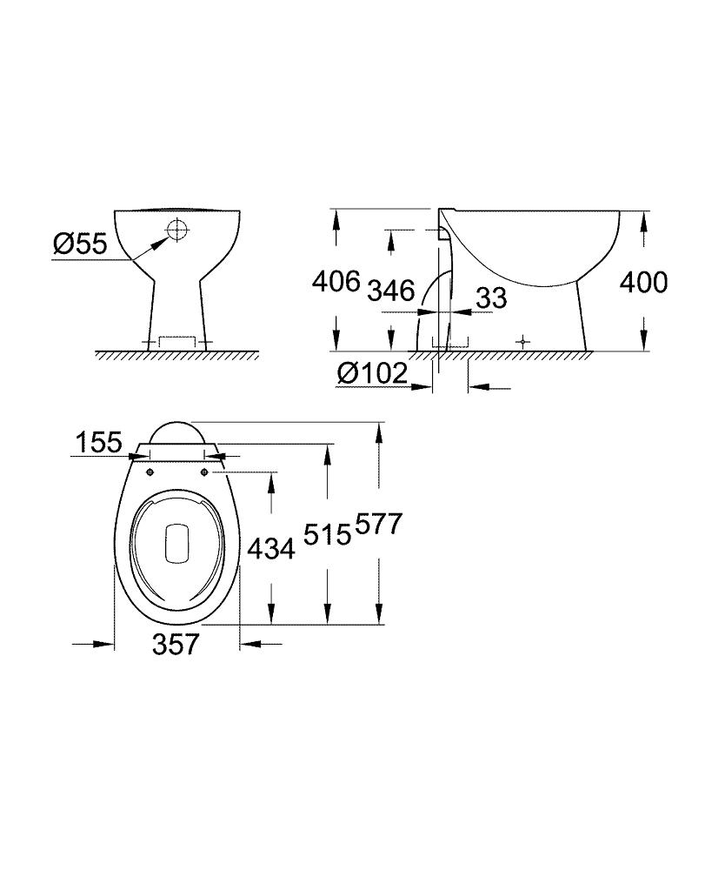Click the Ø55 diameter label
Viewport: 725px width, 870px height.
click(x=79, y=245)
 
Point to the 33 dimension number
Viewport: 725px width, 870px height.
click(x=491, y=298)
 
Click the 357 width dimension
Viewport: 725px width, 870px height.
click(x=177, y=644)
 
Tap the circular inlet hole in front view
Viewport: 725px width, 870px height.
click(x=177, y=230)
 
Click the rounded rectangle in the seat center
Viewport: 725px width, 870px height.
click(x=176, y=542)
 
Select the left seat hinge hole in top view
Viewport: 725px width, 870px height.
click(x=150, y=472)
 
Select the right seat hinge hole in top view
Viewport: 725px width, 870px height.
click(x=205, y=472)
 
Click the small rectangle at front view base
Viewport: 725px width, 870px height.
click(x=178, y=341)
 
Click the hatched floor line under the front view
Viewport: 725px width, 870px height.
click(x=178, y=355)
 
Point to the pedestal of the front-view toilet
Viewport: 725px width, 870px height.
click(x=178, y=304)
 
